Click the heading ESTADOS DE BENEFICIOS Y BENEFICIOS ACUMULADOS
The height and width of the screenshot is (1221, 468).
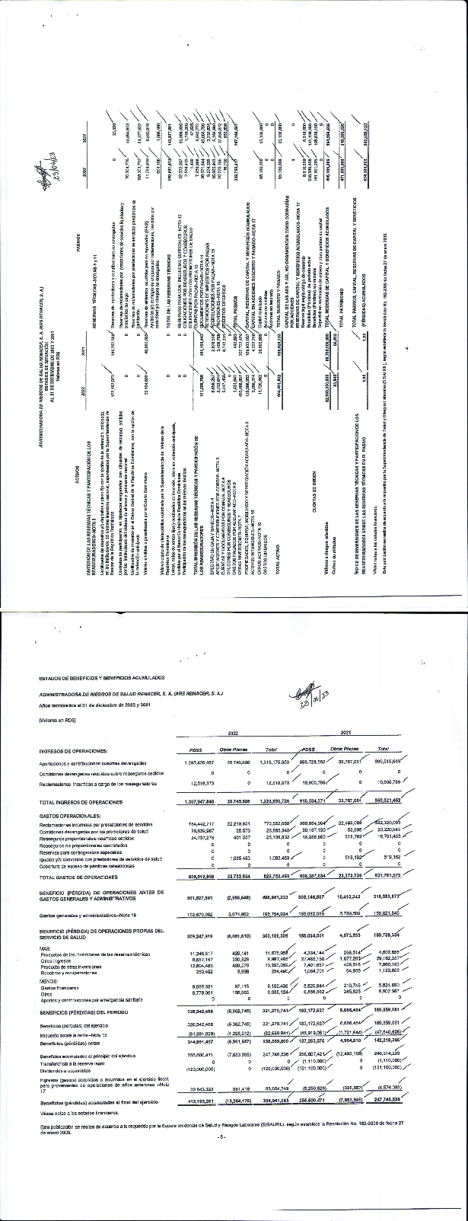99,676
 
